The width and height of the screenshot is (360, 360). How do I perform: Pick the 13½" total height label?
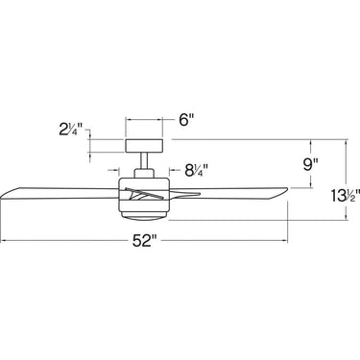tap(337, 198)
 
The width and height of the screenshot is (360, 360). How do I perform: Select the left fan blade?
tap(58, 192)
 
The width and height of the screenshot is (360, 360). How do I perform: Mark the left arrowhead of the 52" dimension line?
tap(4, 239)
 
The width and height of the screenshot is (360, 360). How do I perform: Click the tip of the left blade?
tap(3, 190)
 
